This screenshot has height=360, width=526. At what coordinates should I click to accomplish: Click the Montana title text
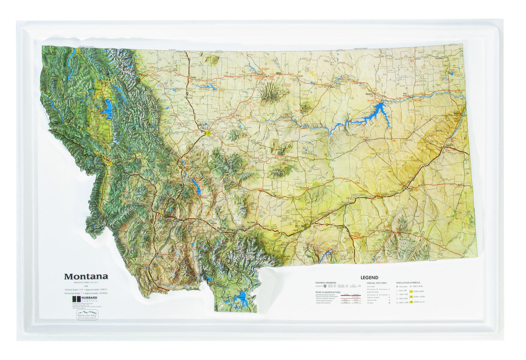click(86, 277)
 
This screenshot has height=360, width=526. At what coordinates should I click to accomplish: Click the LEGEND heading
click(369, 278)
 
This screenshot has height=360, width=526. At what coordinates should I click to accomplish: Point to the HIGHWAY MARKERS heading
click(326, 283)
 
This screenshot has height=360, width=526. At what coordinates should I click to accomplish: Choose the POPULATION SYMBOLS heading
click(408, 283)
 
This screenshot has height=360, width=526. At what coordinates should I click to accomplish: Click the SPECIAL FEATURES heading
click(376, 283)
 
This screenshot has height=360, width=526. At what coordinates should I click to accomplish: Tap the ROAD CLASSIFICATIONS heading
click(328, 292)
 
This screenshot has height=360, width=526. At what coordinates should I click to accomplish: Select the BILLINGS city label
click(301, 227)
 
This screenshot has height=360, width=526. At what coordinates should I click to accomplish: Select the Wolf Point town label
click(405, 95)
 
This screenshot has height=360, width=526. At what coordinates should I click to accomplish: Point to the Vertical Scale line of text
click(86, 289)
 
